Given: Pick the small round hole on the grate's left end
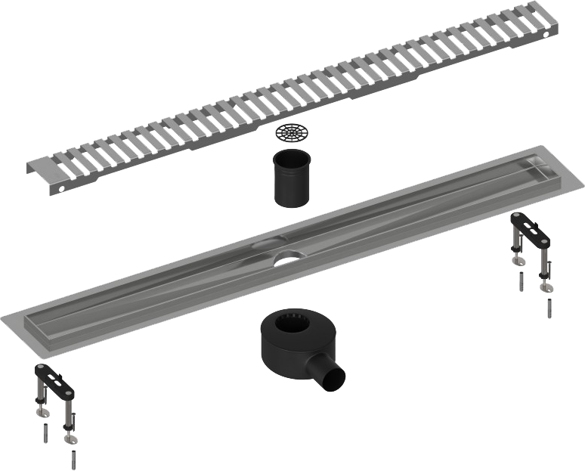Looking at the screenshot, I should (x=60, y=186).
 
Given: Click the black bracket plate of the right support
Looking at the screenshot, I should (x=532, y=231).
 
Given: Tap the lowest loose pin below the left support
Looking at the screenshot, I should (x=73, y=460).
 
